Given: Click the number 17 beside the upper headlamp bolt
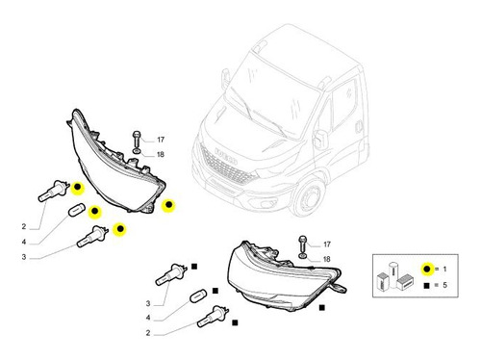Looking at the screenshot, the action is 161,140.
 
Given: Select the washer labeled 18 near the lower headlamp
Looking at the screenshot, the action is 303,256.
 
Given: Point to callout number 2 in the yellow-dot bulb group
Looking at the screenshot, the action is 24,226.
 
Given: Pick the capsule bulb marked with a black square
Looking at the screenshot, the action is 198,296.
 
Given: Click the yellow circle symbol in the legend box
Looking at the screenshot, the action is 427,269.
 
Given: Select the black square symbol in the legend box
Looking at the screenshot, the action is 426,285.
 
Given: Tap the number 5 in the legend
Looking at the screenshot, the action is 444,285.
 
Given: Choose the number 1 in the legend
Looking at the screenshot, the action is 444,269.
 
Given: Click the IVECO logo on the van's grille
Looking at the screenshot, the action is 226,156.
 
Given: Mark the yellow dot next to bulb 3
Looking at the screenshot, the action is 120,229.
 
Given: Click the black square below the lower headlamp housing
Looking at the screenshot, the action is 322,308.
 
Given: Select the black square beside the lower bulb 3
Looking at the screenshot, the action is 194,267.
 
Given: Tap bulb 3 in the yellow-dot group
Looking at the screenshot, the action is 92,237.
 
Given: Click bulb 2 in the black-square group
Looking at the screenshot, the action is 213,317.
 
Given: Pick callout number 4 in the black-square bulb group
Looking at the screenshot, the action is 148,318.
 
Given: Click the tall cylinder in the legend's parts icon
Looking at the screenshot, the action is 393,275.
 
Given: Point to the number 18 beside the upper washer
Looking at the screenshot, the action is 161,155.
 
